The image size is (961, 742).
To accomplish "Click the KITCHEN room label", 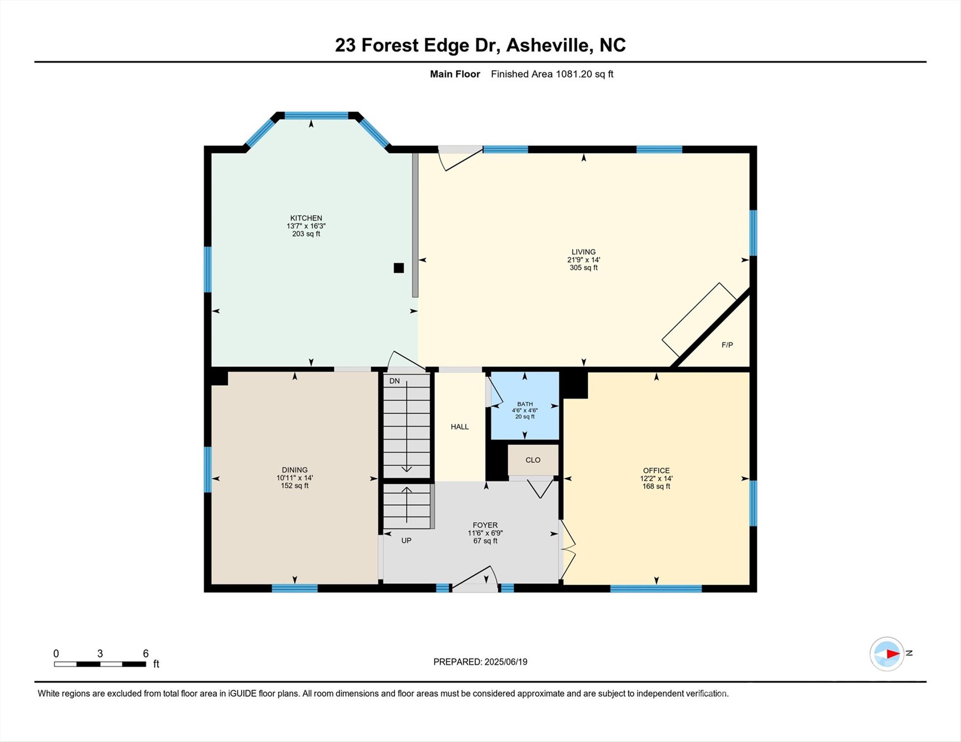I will point(306,218).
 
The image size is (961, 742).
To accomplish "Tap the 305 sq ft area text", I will point(583,268).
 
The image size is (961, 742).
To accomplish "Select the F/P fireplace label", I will point(727,345).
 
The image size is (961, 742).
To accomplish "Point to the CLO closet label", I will point(533,460).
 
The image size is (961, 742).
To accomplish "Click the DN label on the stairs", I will point(394,381).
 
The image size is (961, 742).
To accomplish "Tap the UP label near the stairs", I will point(406,541).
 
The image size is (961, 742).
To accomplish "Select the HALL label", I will point(459,427).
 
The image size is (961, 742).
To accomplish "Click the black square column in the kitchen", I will point(398,268).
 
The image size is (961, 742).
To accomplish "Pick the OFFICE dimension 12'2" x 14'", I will point(656,478).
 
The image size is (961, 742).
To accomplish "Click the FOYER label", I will point(485,525).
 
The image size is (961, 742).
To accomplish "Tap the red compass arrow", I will point(892,654).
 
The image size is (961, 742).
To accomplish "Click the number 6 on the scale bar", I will point(146,654).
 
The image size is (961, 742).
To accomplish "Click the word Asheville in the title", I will point(549,45).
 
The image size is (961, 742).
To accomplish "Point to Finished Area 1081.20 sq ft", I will point(552,74).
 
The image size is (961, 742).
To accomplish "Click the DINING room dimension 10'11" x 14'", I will point(294,478).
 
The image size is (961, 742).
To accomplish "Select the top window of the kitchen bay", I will point(316,115).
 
